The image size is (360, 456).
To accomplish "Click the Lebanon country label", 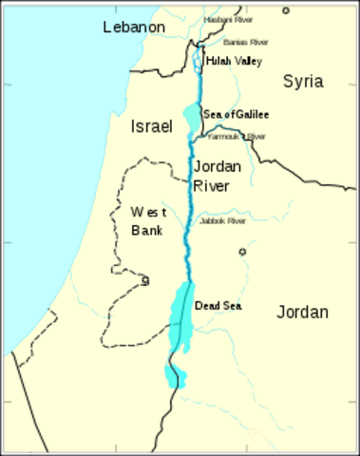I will pyautogui.click(x=133, y=28).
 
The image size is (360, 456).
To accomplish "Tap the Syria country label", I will pyautogui.click(x=303, y=82).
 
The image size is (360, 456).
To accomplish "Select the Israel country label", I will pyautogui.click(x=152, y=125).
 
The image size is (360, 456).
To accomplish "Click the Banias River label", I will pyautogui.click(x=246, y=43).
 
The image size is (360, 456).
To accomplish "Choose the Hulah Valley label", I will pyautogui.click(x=234, y=60).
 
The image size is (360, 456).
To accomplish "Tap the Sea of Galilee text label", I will pyautogui.click(x=236, y=115).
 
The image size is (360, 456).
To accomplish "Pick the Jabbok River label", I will pyautogui.click(x=223, y=220).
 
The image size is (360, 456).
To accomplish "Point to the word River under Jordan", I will pyautogui.click(x=212, y=186).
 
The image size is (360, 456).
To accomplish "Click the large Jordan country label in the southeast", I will pyautogui.click(x=303, y=312).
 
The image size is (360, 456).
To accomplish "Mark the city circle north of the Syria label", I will pyautogui.click(x=286, y=10).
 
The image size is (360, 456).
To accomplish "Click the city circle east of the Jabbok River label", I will pyautogui.click(x=242, y=252).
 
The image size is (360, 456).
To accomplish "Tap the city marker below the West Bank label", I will pyautogui.click(x=145, y=280).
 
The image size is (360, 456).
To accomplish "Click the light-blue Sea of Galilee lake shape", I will pyautogui.click(x=191, y=120).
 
